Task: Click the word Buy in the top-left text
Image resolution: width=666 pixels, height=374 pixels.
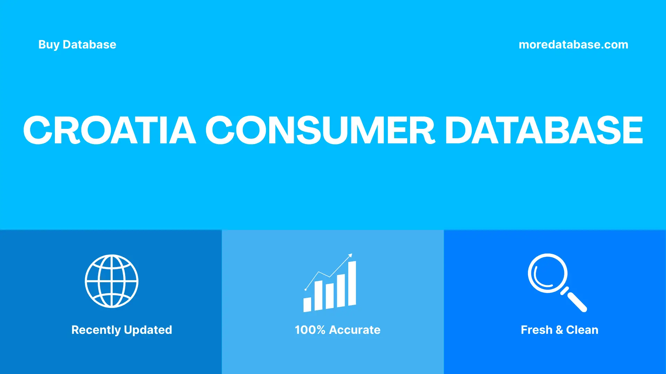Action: point(49,45)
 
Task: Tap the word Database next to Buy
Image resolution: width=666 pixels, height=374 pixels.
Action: point(89,45)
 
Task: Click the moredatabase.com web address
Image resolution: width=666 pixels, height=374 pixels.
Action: point(573,45)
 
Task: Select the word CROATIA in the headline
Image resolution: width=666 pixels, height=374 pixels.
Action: point(109,130)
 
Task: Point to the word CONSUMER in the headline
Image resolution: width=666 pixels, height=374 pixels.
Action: point(320,130)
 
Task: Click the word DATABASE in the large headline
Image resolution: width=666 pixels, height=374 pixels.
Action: point(544,130)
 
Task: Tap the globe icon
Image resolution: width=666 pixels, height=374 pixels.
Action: point(112,281)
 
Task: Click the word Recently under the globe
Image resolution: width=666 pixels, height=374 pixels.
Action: point(96,330)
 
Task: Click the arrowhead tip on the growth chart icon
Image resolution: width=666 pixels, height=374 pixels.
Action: point(351,255)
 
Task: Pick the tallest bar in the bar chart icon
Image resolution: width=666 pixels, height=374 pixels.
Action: point(352,284)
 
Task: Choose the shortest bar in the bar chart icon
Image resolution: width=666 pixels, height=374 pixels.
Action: point(307,305)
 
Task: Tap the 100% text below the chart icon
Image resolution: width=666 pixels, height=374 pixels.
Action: point(310,330)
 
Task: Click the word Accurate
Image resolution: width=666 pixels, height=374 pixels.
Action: point(355,330)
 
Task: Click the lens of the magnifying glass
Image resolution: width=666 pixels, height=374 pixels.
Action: point(548,273)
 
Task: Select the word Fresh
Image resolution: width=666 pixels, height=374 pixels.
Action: point(536,330)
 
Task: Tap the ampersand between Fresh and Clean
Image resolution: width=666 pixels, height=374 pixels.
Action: point(559,330)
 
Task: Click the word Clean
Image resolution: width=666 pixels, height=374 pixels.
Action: point(582,330)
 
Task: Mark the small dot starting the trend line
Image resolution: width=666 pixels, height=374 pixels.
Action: point(306,290)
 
